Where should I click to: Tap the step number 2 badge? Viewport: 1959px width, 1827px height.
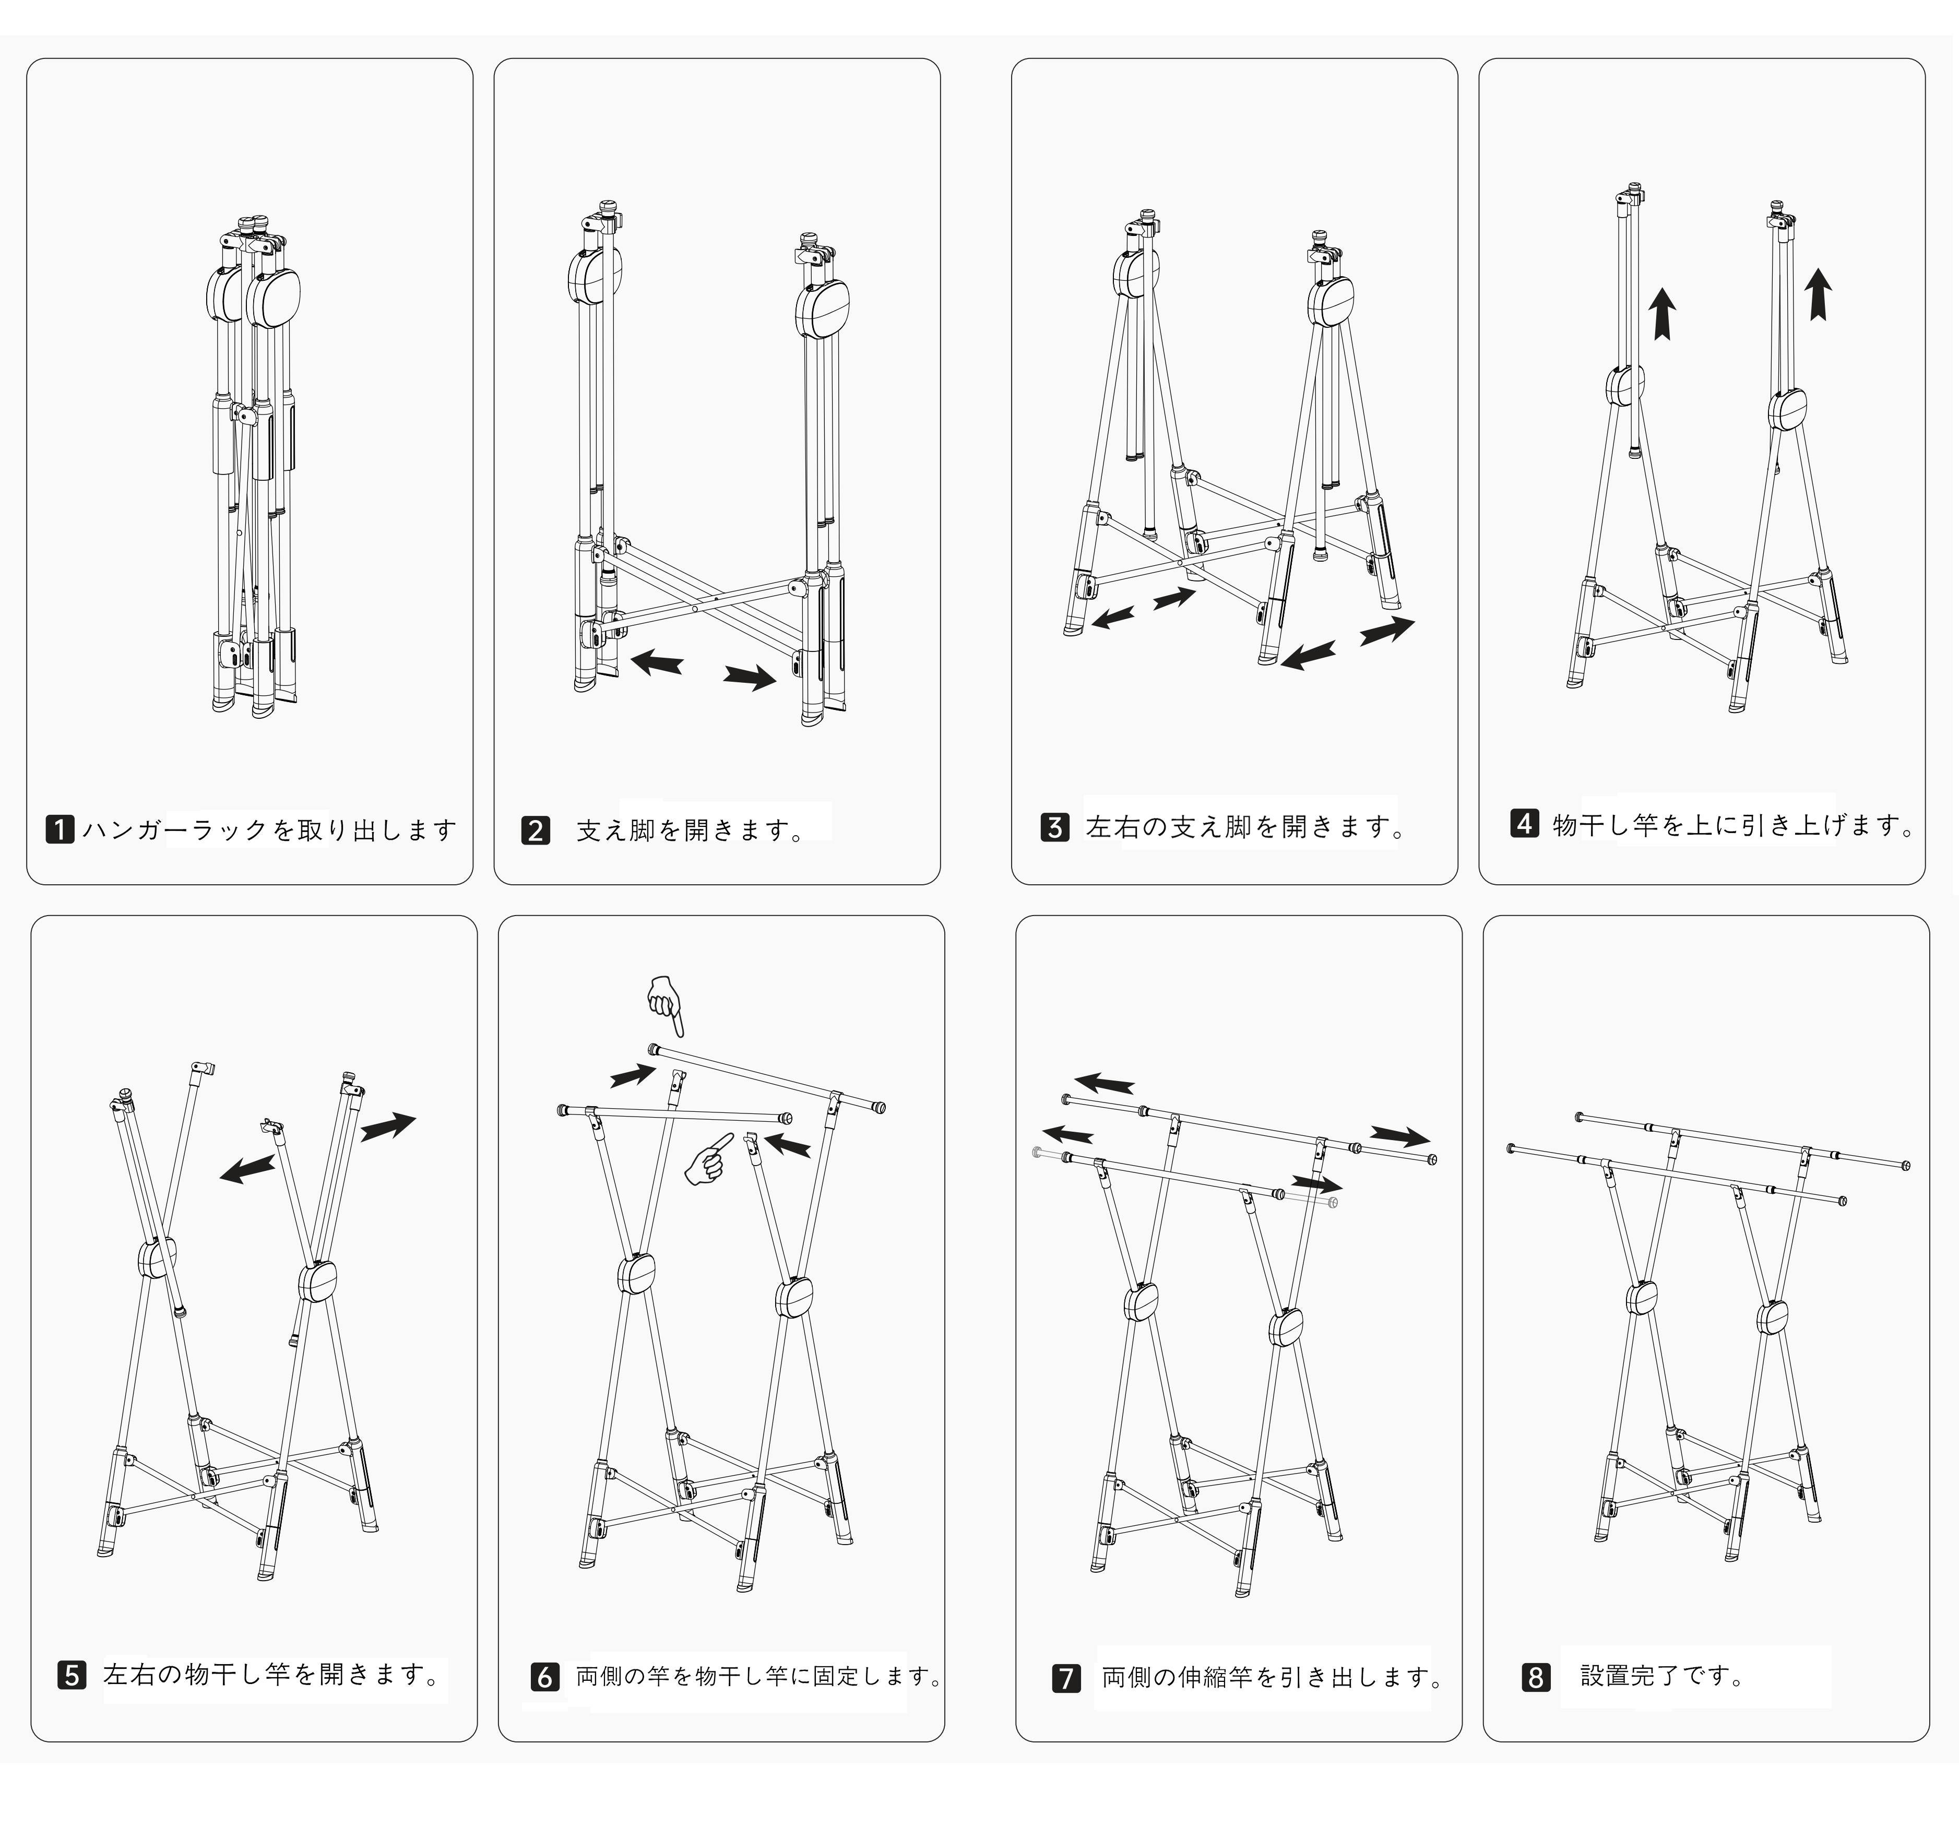[535, 831]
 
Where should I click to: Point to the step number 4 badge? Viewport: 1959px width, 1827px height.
[1524, 823]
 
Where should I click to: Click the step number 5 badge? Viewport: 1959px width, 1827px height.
[72, 1674]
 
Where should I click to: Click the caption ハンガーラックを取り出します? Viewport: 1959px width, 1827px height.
[269, 830]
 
